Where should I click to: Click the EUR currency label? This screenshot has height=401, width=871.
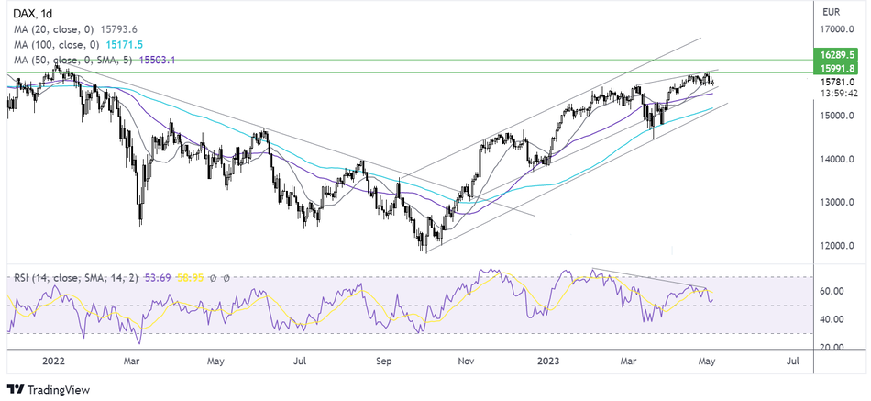pos(832,12)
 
